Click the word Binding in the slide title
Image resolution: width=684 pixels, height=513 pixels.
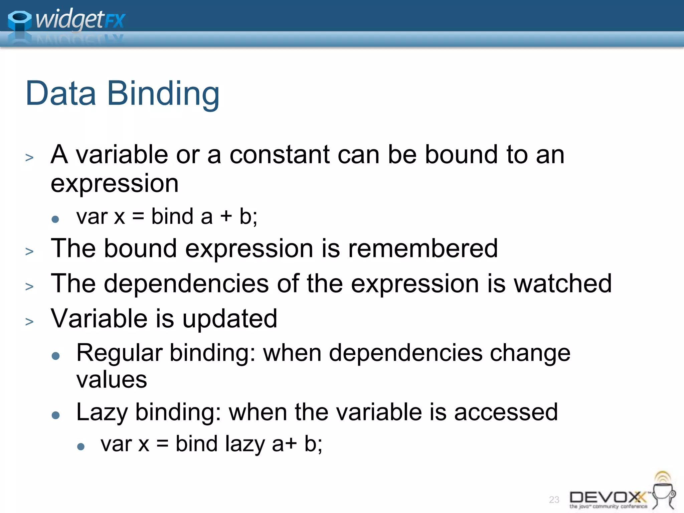pyautogui.click(x=163, y=94)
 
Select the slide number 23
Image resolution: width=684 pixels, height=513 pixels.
pyautogui.click(x=554, y=500)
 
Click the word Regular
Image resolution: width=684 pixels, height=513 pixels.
pyautogui.click(x=119, y=353)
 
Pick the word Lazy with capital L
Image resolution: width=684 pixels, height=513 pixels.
pyautogui.click(x=102, y=412)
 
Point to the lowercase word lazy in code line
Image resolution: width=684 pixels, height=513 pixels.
pyautogui.click(x=245, y=444)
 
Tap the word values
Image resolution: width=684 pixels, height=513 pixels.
pyautogui.click(x=112, y=380)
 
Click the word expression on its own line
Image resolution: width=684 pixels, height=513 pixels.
pyautogui.click(x=115, y=183)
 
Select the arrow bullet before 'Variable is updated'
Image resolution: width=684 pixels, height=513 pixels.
pyautogui.click(x=29, y=322)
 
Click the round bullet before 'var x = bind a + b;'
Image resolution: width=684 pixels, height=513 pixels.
pyautogui.click(x=55, y=219)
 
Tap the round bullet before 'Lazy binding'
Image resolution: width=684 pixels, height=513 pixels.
pyautogui.click(x=56, y=415)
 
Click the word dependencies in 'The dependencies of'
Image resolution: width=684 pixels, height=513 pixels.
pyautogui.click(x=186, y=284)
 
